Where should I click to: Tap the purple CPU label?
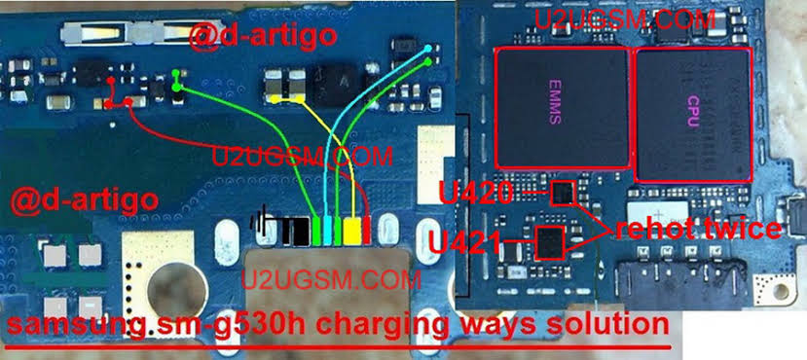coord(692,113)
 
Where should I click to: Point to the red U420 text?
coord(476,194)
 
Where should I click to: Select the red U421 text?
coord(465,242)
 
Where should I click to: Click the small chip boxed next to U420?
coord(562,193)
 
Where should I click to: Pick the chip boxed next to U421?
coord(550,241)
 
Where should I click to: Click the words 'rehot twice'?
coord(697,229)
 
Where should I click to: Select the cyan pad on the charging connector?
coord(328,231)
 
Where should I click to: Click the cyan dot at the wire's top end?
coord(428,49)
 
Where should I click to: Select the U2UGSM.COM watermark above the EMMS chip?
coord(625,19)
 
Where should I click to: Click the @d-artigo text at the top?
coord(263,37)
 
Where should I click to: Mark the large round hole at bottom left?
coord(177,291)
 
